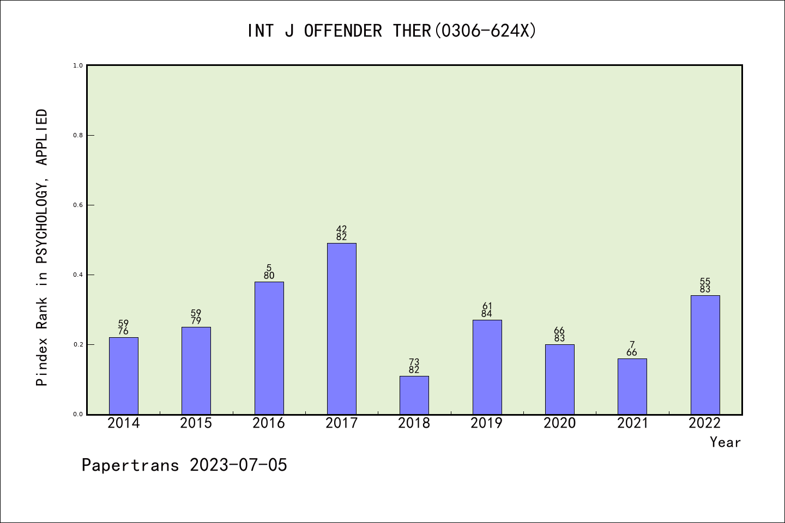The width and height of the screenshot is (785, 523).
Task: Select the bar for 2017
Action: point(341,329)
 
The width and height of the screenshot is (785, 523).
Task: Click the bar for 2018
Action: point(414,395)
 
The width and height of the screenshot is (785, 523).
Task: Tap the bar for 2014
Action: point(123,376)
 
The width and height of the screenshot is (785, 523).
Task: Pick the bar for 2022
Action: point(705,355)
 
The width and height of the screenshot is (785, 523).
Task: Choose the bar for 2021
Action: point(632,386)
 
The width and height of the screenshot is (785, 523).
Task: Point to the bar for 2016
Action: point(269,348)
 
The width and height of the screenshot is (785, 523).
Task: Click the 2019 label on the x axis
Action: point(486,423)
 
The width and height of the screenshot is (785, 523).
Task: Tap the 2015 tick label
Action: point(196,423)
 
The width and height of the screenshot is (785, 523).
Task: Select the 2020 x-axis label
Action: point(559,423)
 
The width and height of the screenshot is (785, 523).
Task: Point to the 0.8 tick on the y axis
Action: point(78,135)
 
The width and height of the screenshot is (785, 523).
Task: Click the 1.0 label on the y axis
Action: point(78,65)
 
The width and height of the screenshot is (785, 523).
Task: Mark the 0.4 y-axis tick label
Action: point(78,275)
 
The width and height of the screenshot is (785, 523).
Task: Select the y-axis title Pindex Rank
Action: point(42,248)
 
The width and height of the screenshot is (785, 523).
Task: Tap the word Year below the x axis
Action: point(725,442)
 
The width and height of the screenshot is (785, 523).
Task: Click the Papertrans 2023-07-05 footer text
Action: point(184,465)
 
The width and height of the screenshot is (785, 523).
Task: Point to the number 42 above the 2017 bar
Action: point(341,229)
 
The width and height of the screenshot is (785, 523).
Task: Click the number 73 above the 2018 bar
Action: point(414,362)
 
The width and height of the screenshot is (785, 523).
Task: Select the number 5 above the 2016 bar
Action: point(269,267)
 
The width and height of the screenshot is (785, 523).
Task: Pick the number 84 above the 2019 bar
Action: point(486,314)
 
